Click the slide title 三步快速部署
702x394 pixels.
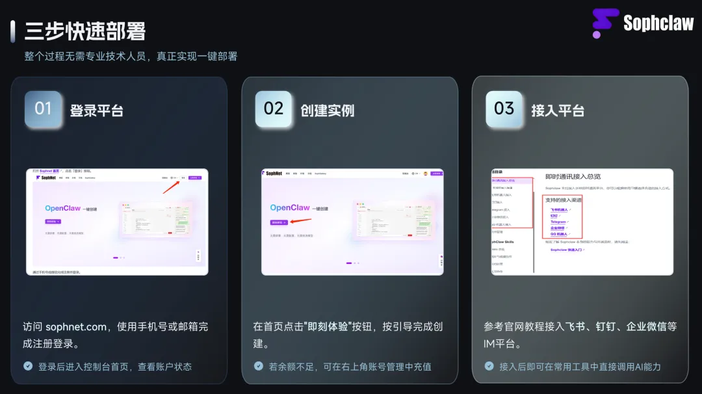(84, 31)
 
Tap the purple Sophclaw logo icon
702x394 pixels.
(605, 23)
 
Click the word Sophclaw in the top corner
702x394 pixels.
(658, 24)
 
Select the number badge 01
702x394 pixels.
(43, 109)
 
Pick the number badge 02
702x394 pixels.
(274, 109)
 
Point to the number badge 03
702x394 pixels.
(504, 109)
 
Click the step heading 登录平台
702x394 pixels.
(96, 111)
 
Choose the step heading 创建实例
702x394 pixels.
(327, 111)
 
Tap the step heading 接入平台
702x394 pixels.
(558, 111)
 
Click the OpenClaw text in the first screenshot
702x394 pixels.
(63, 208)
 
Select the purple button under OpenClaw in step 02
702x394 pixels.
(279, 222)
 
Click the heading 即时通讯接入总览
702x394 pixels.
(573, 176)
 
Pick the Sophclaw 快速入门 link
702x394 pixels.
(567, 250)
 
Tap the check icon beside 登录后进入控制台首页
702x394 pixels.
(28, 366)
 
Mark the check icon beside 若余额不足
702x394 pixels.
(259, 366)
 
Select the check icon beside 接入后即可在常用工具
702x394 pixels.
(489, 366)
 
